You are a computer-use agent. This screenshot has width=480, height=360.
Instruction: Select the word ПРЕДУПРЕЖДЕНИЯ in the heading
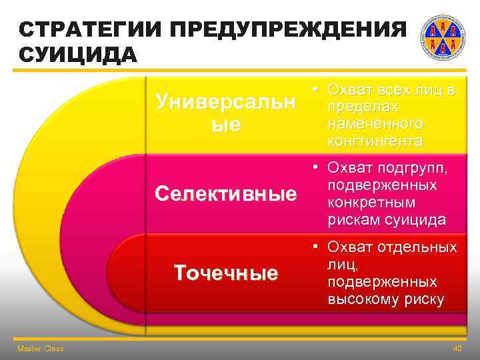point(287,31)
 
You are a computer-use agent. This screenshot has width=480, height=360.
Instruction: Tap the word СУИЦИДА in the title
point(78,54)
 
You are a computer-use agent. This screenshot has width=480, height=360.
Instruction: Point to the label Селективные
point(225,194)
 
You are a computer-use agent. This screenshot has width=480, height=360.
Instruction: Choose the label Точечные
point(225,273)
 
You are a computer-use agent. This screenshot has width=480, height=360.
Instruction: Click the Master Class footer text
point(41,349)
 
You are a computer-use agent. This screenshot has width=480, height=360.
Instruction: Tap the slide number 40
point(457,349)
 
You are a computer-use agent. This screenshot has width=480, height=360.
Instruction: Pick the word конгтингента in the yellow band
point(374,141)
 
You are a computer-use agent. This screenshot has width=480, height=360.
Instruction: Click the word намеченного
point(375,124)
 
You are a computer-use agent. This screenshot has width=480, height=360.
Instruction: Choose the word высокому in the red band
point(359,299)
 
